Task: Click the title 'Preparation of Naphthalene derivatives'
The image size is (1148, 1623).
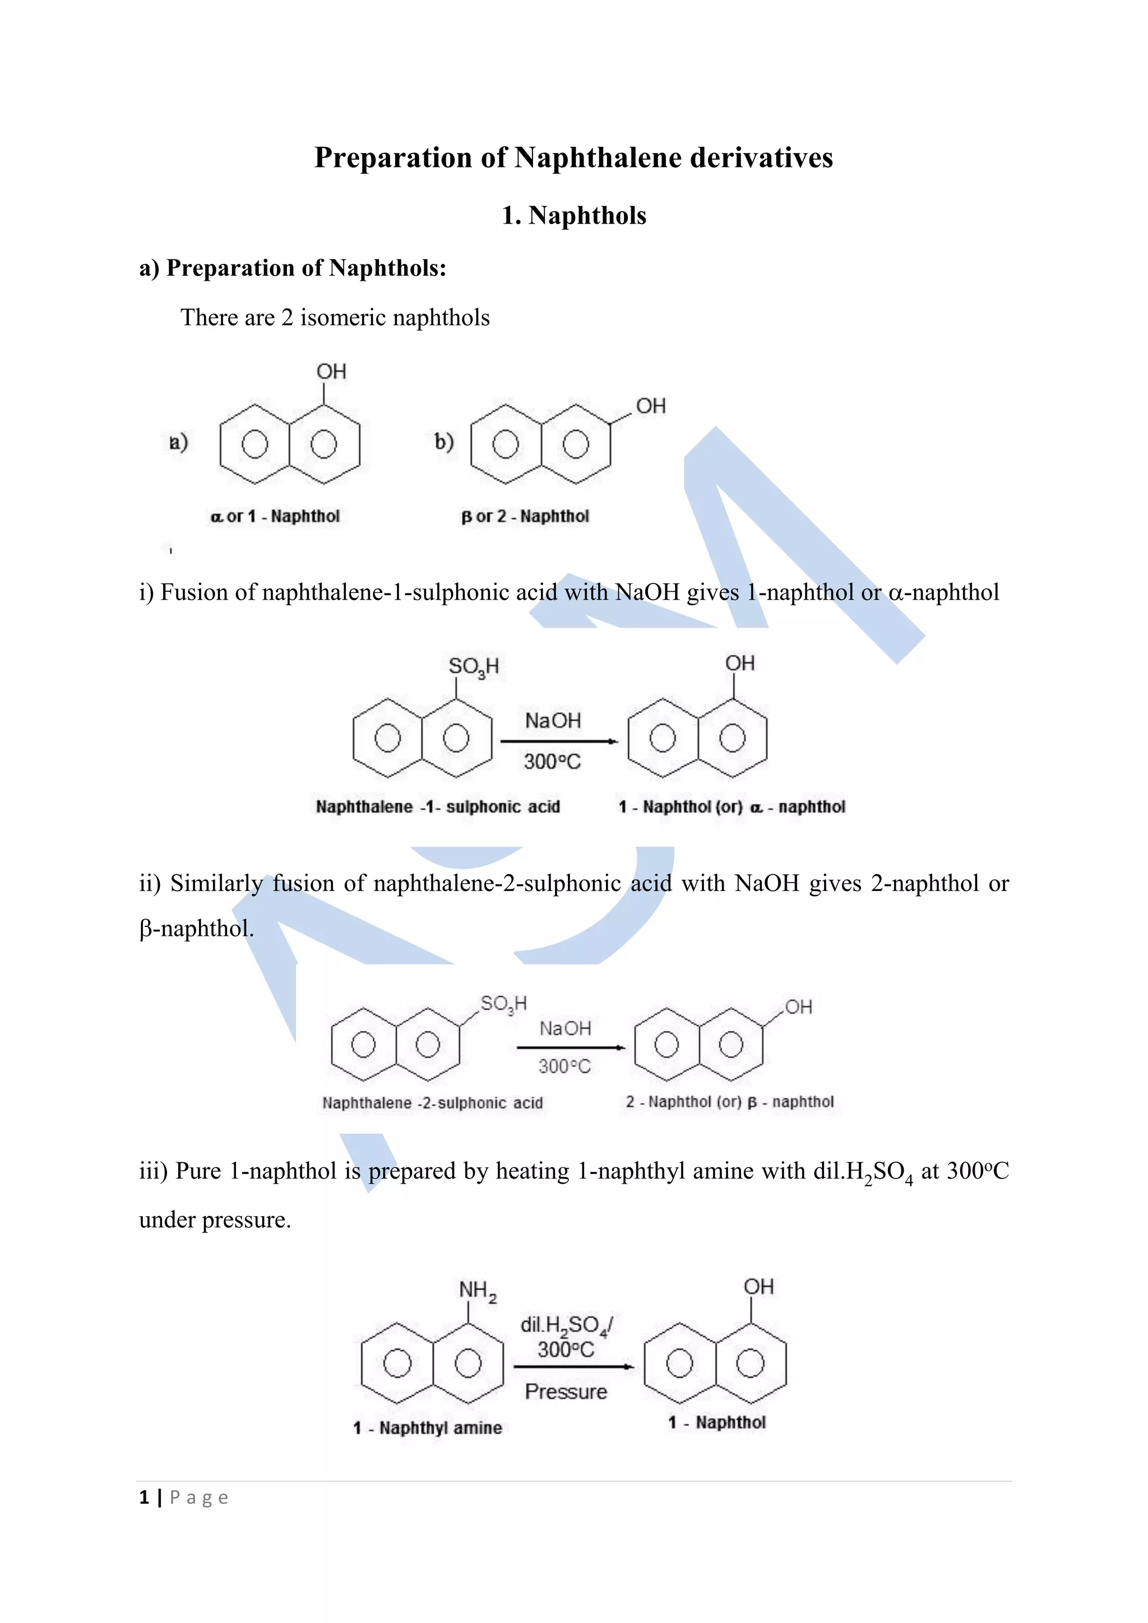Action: pos(573,157)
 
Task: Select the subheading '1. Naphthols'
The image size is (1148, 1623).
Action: pos(573,216)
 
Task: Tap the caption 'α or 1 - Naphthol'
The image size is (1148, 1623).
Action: pos(275,516)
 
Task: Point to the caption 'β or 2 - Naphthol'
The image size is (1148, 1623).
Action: pos(525,516)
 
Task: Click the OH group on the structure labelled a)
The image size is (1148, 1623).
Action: pos(331,372)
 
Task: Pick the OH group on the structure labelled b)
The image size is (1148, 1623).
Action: pos(650,406)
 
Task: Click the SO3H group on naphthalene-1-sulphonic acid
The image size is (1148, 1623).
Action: pos(473,666)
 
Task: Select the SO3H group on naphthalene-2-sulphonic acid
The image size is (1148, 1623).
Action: pos(503,1004)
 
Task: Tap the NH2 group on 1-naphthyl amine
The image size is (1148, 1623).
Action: pos(477,1290)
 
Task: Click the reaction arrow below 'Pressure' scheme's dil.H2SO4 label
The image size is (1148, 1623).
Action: pos(572,1366)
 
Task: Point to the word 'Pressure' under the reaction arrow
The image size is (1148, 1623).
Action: pos(566,1392)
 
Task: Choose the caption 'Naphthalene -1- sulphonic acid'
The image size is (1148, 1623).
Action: pos(438,806)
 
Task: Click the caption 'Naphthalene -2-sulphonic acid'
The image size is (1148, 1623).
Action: pos(432,1103)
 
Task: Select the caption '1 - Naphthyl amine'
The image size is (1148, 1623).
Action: pos(427,1428)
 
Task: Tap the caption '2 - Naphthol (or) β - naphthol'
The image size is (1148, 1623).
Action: pos(729,1102)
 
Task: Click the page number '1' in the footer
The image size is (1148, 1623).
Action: pos(144,1498)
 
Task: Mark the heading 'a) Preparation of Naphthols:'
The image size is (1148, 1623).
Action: pos(293,268)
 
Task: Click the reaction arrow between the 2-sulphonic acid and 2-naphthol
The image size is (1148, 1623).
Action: pos(571,1047)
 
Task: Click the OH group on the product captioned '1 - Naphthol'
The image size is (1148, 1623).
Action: pos(758,1287)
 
